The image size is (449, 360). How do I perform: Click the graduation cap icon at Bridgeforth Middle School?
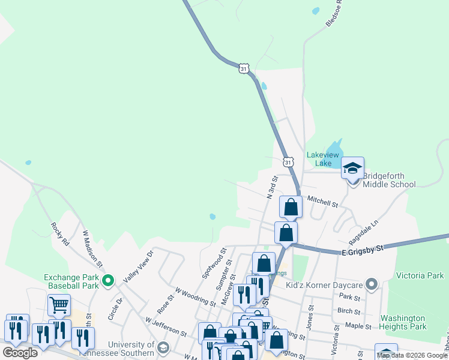[352, 169]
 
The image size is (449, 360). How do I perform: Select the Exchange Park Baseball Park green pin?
[108, 280]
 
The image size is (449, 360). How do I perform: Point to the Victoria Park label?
[420, 276]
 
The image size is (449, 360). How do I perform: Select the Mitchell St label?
[323, 201]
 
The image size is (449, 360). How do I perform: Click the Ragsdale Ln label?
[366, 227]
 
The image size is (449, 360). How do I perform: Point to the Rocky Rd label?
[58, 235]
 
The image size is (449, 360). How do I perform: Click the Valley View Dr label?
[139, 267]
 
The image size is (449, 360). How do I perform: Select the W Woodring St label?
[195, 296]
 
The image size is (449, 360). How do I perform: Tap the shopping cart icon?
[59, 305]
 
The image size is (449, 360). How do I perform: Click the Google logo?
[20, 352]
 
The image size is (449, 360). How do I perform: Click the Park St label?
[349, 297]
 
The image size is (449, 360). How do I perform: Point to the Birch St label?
[349, 311]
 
